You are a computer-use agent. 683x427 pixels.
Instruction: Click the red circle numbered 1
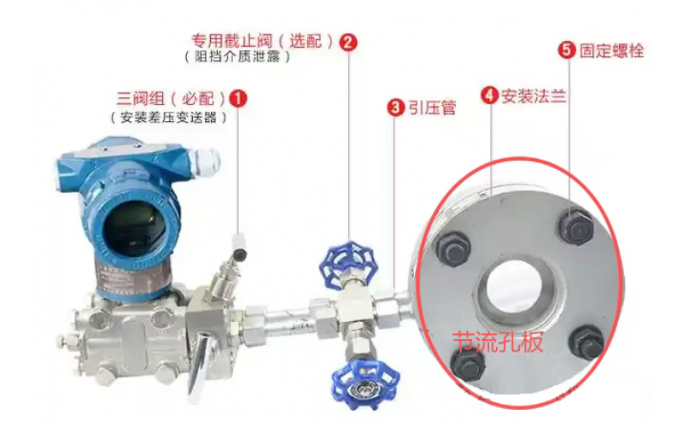point(237,98)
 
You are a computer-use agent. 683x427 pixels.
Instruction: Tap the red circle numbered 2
point(348,42)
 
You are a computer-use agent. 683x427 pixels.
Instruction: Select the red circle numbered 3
point(395,107)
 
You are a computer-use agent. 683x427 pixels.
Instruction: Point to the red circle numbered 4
point(489,95)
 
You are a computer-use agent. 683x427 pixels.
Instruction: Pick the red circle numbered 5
point(567,50)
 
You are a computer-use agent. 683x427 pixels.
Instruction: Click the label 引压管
point(432,108)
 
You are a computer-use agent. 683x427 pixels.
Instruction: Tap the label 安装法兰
point(534,96)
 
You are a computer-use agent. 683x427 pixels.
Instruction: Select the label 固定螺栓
point(611,50)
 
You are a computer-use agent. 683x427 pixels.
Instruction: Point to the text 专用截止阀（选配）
point(263,41)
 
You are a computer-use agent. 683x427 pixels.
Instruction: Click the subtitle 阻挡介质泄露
point(237,57)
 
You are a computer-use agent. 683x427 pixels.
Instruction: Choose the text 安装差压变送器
point(168,117)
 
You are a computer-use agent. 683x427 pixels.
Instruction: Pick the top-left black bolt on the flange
point(453,249)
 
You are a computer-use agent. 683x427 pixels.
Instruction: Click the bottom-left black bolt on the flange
point(468,363)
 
